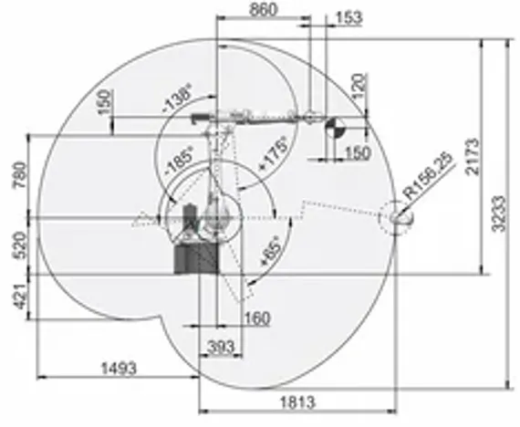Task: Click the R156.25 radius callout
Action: tap(432, 176)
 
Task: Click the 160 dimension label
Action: tap(257, 318)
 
